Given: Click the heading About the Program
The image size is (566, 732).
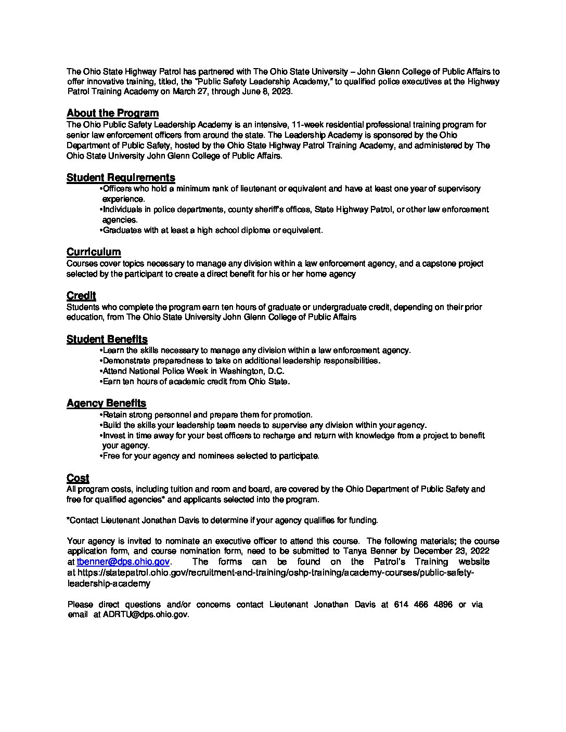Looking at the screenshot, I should coord(112,113).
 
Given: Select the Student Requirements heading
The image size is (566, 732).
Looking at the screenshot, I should coord(121,178).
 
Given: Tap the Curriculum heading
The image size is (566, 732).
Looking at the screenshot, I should coord(94,252).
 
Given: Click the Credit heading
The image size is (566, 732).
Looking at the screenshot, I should coord(81,296).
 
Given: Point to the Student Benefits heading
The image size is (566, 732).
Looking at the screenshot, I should coord(107,339).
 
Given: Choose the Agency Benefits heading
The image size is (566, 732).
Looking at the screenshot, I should coord(106,403).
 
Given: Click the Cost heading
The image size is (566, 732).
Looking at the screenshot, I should coord(78,478).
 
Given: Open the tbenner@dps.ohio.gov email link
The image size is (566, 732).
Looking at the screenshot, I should coord(123,562).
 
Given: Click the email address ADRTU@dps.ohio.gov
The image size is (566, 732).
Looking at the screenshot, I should coord(146,615).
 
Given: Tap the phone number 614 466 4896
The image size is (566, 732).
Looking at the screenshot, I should coord(423,605).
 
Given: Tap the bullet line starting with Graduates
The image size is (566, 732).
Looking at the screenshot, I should coord(212,230).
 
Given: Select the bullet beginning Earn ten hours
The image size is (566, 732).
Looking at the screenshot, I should coord(196,382).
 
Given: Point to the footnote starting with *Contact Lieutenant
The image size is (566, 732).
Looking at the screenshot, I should coord(222,520).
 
